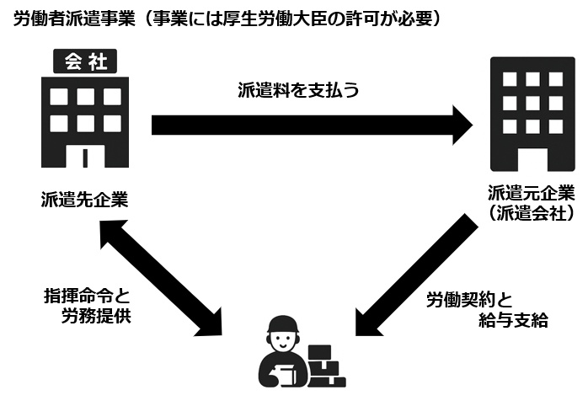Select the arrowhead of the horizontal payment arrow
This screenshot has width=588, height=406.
[x=459, y=126]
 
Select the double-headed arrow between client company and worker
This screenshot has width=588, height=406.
[x=160, y=274]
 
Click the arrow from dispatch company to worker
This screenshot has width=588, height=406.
[x=413, y=274]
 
